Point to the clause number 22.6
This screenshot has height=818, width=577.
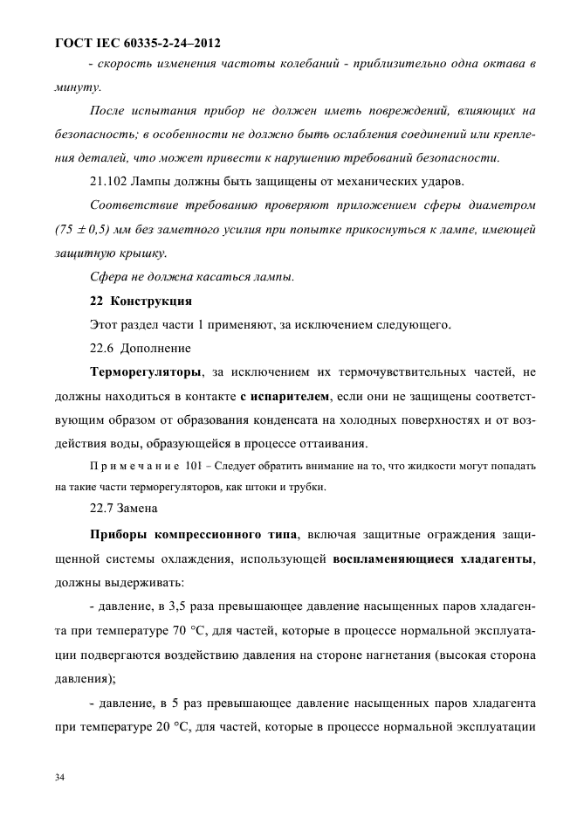tap(103, 348)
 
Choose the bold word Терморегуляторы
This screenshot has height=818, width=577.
tap(146, 371)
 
